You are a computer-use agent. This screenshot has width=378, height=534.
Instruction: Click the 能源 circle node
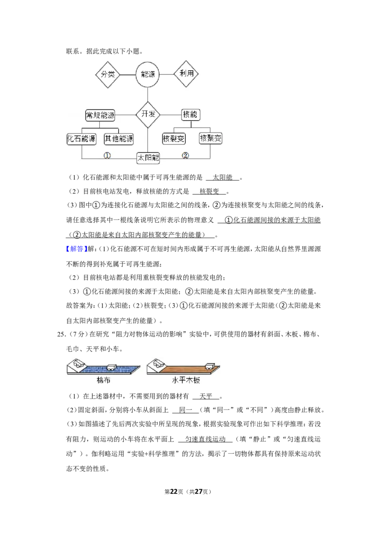point(148,74)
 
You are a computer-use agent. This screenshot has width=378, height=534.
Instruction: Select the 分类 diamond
point(108,74)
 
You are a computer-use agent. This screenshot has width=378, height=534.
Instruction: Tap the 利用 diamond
point(186,74)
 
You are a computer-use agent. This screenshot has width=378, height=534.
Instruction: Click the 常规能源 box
point(100,115)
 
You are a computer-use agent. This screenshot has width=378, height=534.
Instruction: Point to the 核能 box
point(190,115)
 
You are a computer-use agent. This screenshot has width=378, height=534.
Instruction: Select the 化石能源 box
point(81,139)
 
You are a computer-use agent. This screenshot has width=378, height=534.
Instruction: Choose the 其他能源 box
point(119,139)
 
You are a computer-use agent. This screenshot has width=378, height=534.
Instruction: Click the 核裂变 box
point(174,139)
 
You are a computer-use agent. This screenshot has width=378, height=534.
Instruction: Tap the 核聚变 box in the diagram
point(210,138)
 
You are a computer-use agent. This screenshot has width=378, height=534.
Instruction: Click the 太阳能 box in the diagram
point(148,158)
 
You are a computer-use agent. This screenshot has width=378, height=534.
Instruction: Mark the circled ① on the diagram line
point(107,155)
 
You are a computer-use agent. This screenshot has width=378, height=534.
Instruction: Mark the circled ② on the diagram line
point(185,155)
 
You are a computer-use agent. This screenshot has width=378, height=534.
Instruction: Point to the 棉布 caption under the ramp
point(103,380)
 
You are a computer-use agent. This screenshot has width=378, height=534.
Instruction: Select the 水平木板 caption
point(186,380)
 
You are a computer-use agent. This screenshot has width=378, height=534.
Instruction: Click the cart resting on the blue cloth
point(112,367)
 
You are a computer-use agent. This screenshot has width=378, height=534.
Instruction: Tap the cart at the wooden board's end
point(209,367)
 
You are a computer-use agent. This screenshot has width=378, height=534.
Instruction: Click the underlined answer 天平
point(206,396)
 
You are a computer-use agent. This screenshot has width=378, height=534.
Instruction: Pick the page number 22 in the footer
point(174,492)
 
